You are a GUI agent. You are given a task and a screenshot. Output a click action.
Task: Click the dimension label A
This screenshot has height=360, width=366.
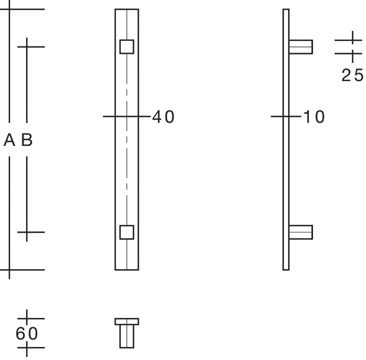(9, 141)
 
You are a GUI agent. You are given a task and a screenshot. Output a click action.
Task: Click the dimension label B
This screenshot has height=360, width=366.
(27, 141)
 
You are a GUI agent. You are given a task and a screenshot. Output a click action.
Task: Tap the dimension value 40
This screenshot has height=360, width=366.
(163, 117)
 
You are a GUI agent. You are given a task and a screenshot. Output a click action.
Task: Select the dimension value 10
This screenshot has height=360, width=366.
(314, 117)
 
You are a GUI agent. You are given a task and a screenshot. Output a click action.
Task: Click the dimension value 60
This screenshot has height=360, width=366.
(27, 333)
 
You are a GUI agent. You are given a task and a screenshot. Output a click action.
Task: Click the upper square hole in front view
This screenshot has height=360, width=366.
(126, 46)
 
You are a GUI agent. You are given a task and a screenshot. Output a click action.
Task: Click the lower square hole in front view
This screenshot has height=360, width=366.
(126, 232)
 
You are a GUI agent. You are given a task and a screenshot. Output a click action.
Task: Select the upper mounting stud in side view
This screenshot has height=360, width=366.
(301, 46)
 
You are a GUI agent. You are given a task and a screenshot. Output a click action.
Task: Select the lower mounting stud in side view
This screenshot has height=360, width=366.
(301, 232)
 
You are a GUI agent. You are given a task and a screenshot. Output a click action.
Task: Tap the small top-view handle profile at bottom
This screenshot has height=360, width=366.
(126, 334)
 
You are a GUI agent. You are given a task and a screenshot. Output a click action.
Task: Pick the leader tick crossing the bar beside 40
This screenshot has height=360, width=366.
(126, 116)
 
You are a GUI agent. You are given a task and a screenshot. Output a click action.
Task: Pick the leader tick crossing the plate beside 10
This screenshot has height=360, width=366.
(285, 116)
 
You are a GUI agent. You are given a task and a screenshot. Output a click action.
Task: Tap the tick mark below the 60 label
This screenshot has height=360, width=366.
(27, 348)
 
